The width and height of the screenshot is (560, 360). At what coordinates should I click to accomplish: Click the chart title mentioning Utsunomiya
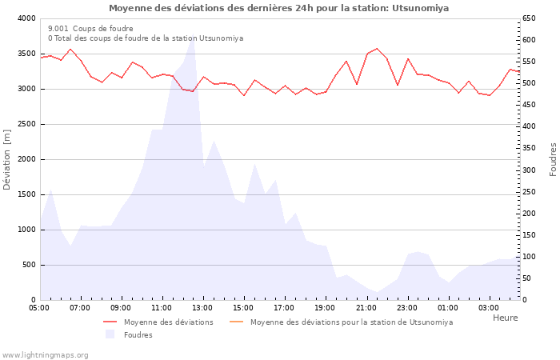(278, 8)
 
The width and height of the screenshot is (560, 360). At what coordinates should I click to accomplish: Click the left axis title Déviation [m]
(8, 158)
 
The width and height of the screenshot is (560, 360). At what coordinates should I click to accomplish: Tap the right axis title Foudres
(552, 159)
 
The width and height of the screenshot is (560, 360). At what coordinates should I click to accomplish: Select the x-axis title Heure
(505, 318)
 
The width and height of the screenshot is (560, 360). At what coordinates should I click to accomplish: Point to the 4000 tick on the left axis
(26, 18)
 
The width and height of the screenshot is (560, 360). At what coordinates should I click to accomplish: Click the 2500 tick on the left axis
(26, 124)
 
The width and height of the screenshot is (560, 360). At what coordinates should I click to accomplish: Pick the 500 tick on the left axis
(28, 265)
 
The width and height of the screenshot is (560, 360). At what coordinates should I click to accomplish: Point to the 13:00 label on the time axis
(202, 307)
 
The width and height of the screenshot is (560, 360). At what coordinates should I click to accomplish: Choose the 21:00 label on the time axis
(366, 307)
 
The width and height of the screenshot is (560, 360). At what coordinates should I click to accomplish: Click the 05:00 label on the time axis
(39, 307)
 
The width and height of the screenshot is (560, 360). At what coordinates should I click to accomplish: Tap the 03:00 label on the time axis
(489, 307)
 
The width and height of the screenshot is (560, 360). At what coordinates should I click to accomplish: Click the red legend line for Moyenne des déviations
(110, 322)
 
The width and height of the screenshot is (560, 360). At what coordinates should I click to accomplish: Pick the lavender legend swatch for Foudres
(110, 335)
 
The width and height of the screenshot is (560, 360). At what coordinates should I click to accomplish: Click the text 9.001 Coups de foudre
(90, 28)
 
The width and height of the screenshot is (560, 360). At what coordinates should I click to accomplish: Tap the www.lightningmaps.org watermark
(46, 355)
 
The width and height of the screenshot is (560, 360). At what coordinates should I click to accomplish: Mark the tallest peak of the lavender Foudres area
(192, 38)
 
